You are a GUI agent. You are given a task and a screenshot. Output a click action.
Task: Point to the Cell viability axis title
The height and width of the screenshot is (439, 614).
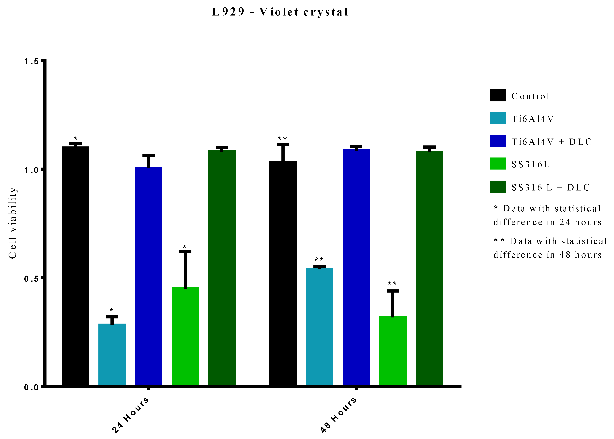point(12,223)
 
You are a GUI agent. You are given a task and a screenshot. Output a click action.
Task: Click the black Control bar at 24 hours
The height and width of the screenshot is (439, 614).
point(75,266)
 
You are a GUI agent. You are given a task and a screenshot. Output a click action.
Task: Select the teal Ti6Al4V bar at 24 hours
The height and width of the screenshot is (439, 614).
point(112,354)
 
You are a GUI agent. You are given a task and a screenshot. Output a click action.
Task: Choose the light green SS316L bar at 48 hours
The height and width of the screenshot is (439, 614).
point(393,351)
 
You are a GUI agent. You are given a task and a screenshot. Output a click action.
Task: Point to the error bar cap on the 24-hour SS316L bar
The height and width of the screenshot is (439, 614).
point(185,252)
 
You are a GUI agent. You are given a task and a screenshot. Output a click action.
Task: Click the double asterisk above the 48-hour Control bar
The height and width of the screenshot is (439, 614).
point(282,139)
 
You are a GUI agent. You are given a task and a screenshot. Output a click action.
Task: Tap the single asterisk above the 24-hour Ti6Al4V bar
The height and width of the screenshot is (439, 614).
point(111,310)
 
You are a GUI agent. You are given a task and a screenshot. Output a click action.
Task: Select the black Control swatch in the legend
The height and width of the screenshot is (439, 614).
point(498,95)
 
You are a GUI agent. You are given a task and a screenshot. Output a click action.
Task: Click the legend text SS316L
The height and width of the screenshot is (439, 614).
point(530,164)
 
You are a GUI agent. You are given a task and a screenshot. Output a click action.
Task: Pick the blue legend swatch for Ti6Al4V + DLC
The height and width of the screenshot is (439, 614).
point(498,141)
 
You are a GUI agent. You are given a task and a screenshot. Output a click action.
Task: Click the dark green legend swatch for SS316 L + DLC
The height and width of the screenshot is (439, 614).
point(498,187)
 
